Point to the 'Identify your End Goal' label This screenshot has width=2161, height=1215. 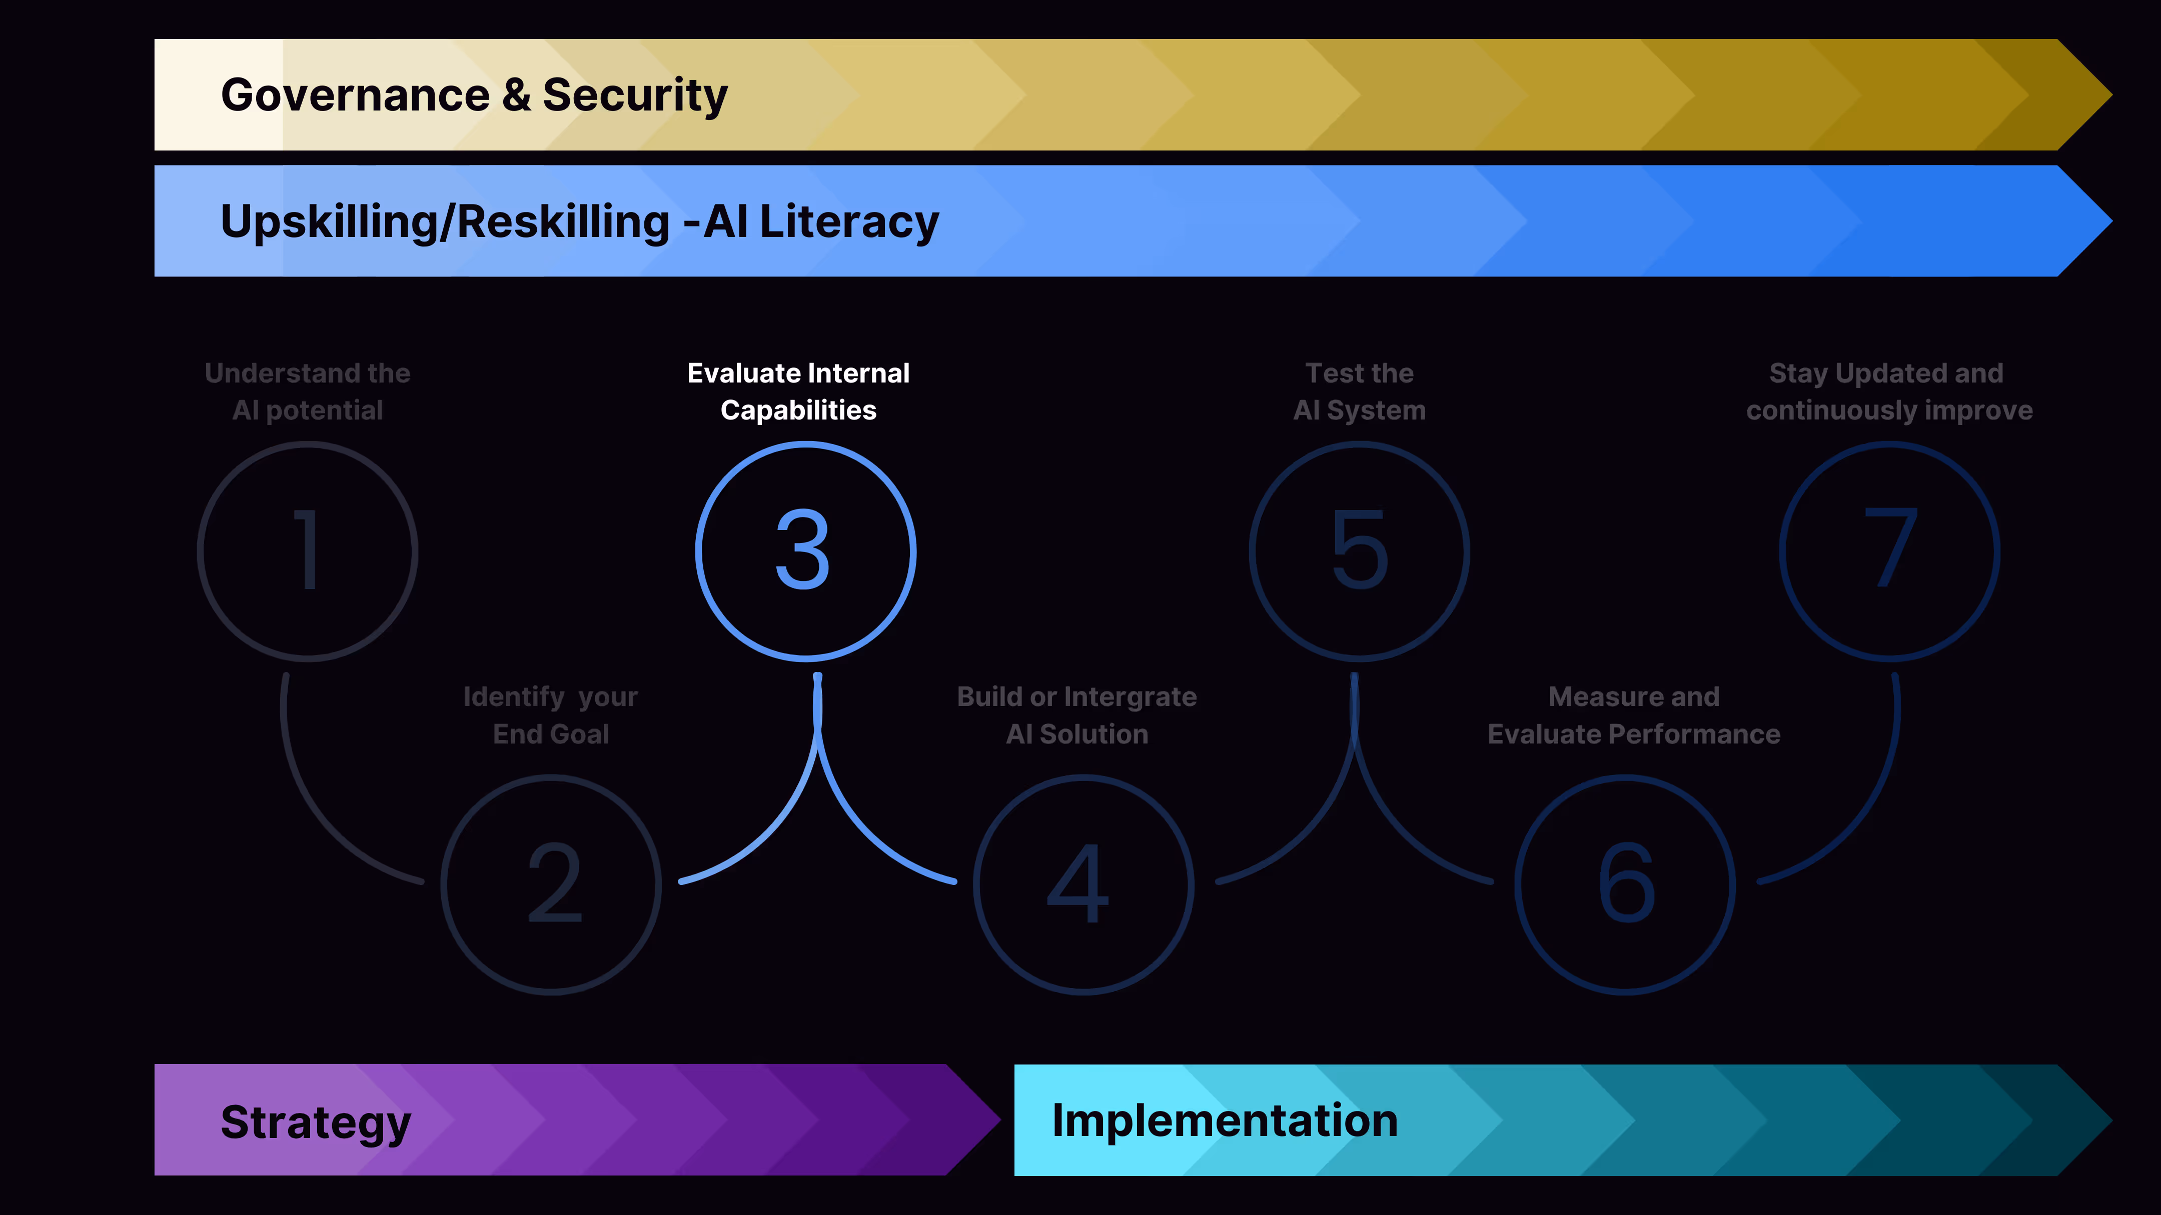(551, 715)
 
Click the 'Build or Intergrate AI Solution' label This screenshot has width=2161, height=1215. (1077, 715)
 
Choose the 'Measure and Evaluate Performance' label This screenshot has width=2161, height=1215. (1633, 715)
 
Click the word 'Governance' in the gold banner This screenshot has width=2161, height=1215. (355, 95)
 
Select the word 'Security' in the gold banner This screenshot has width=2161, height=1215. (635, 95)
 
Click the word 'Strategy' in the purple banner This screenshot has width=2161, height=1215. (316, 1123)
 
